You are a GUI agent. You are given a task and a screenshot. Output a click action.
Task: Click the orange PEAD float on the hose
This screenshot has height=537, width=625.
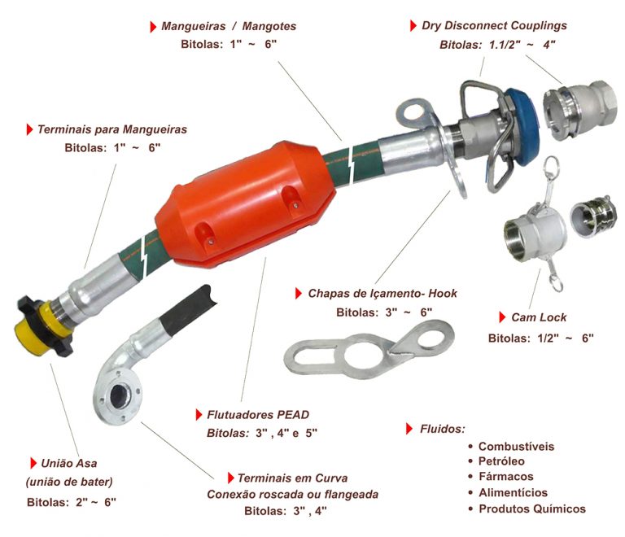coord(245,205)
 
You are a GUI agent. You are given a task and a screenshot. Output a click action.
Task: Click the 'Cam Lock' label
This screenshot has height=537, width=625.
coord(539,317)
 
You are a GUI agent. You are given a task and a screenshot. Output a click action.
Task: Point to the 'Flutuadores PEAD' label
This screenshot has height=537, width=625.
coord(258,415)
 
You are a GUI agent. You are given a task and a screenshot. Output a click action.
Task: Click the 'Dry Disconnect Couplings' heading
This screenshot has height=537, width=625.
coord(494,25)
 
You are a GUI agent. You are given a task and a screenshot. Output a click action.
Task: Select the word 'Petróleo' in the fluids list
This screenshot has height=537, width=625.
coord(501,461)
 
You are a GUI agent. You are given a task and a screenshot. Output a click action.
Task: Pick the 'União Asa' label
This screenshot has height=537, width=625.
coord(69,463)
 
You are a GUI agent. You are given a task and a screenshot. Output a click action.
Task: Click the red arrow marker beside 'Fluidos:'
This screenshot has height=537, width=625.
coord(409,429)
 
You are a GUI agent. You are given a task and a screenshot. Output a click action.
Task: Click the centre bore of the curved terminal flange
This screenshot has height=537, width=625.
coord(119,395)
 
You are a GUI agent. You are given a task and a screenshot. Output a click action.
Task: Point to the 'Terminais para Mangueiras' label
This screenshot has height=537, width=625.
coord(112,129)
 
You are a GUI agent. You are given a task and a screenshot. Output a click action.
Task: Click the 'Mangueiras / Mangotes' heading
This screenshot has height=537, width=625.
coord(229,26)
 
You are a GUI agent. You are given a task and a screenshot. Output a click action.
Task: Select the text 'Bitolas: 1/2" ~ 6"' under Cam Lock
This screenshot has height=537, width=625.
coord(541,338)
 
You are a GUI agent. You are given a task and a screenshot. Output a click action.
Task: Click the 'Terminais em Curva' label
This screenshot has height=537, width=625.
coord(293,478)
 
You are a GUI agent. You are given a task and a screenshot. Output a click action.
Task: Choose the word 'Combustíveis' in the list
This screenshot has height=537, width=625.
coord(516,446)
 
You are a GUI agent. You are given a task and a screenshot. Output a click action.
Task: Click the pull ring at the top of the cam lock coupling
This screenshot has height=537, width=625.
coord(552,164)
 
